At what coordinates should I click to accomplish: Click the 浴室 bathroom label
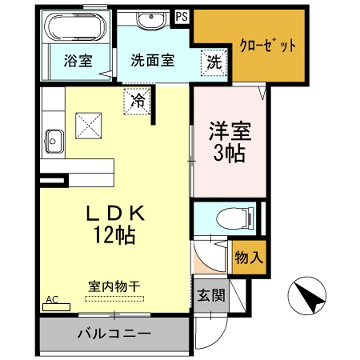click(79, 60)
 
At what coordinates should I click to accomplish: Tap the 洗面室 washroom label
click(152, 60)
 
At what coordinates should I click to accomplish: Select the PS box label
click(181, 17)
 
